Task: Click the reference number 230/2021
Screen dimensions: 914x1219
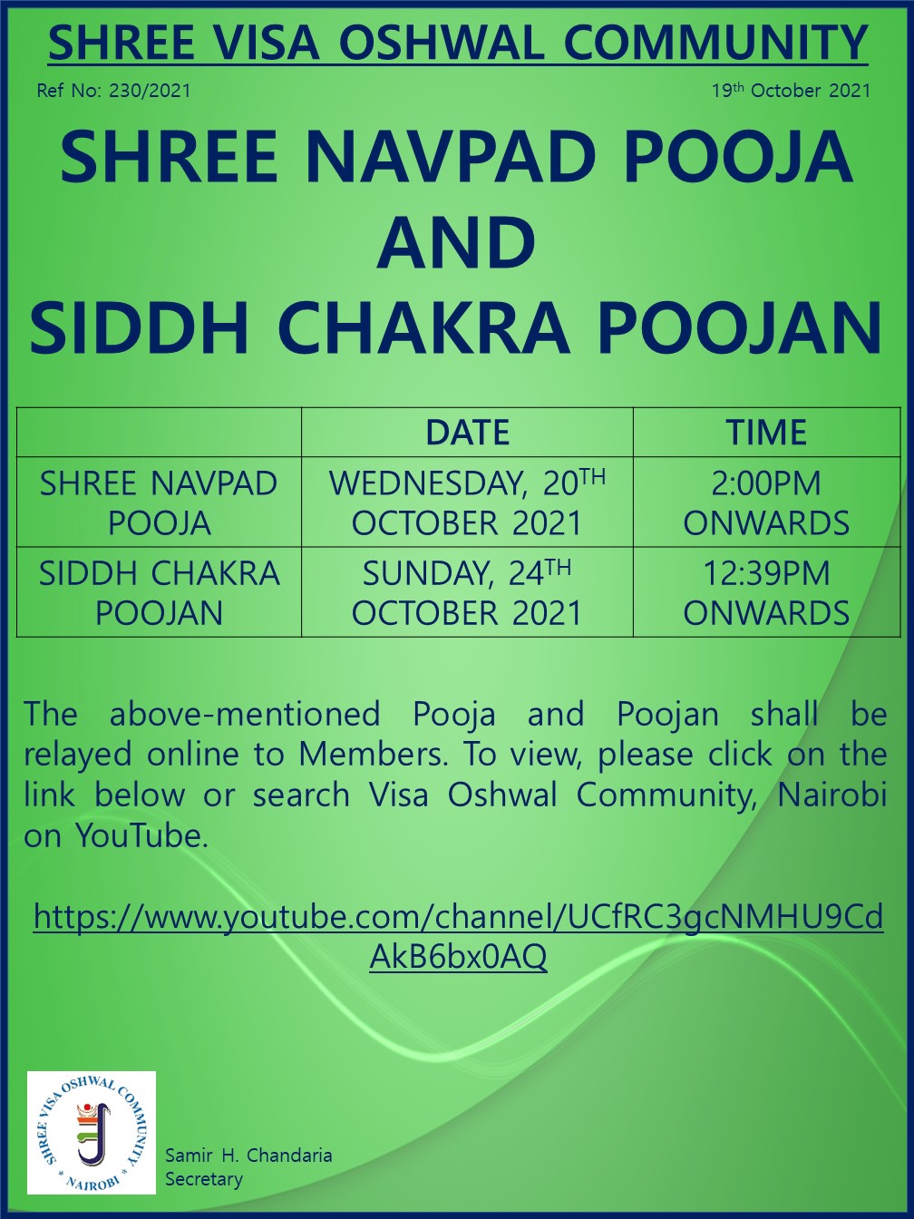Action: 150,91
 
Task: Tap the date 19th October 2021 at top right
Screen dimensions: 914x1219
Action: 792,91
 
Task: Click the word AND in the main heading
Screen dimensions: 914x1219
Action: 456,243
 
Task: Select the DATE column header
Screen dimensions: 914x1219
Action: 467,433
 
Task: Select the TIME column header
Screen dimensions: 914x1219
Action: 766,433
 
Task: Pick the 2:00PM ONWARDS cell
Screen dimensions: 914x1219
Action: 766,502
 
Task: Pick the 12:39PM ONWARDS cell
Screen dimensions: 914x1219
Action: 766,592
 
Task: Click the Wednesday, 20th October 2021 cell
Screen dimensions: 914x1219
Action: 467,502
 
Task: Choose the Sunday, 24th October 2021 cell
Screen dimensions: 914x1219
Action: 467,592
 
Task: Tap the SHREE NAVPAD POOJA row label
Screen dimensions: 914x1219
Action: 159,502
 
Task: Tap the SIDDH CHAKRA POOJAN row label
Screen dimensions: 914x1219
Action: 159,592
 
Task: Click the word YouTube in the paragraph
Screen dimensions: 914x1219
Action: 138,835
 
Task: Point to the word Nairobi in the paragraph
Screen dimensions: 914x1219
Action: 831,795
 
